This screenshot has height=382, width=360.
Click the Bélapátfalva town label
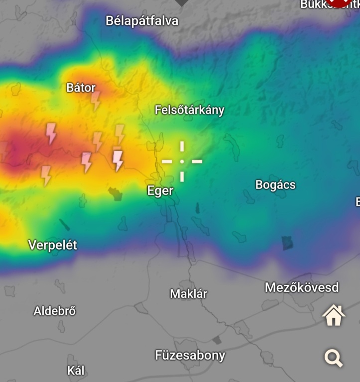[142, 21]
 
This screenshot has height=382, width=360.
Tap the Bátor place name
[81, 88]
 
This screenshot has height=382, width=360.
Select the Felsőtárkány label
[189, 110]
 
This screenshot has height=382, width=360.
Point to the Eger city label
[160, 191]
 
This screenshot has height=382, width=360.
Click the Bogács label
[275, 185]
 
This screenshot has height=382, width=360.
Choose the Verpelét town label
[53, 245]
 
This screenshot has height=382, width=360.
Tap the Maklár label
[189, 293]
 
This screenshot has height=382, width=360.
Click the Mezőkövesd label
[302, 287]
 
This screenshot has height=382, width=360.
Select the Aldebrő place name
[55, 311]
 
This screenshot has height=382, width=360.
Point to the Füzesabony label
[190, 355]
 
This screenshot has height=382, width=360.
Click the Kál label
[76, 371]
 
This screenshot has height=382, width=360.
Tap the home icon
[333, 315]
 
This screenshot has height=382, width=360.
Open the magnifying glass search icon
[333, 358]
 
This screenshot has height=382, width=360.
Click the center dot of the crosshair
[182, 161]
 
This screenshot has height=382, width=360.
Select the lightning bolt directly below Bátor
[96, 100]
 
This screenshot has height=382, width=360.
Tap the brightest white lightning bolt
[118, 160]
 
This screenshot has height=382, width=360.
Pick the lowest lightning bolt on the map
[46, 176]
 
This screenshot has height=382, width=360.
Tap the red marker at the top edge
[340, 2]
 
